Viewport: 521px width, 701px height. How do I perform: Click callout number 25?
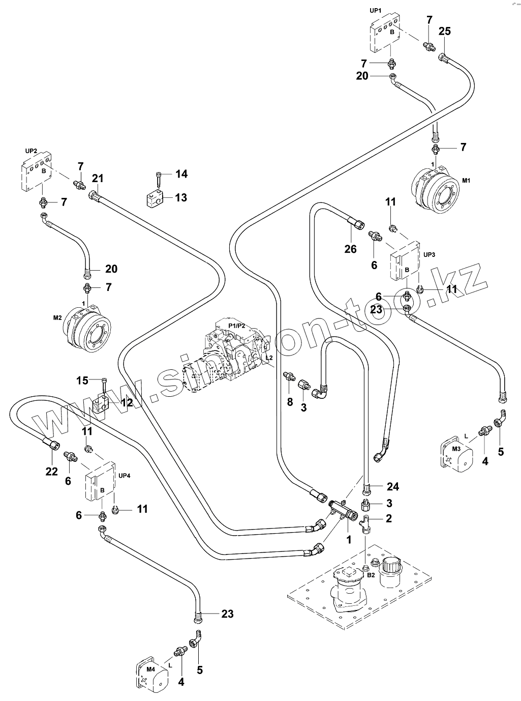[444, 32]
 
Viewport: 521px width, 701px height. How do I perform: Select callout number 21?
[98, 178]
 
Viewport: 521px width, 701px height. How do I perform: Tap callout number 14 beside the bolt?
[181, 174]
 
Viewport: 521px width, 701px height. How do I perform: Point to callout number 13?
[181, 197]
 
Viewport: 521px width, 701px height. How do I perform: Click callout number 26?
[351, 249]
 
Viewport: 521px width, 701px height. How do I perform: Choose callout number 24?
[392, 487]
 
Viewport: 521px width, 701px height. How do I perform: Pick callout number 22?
[52, 472]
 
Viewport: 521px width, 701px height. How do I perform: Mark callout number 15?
[82, 380]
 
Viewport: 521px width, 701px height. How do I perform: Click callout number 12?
[126, 403]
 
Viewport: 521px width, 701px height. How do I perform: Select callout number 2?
[389, 518]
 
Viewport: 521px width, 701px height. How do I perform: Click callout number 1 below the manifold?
[349, 538]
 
